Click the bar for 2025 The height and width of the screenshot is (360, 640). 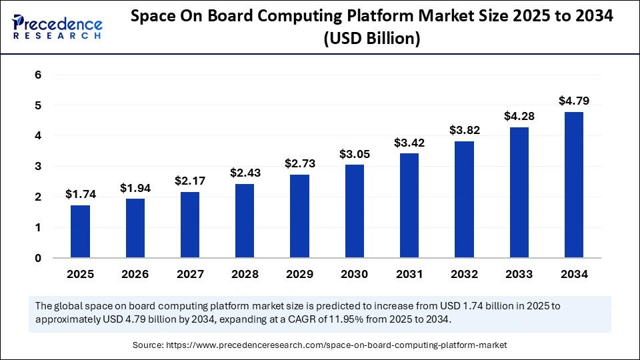(80, 231)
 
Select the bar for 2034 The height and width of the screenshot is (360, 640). (574, 185)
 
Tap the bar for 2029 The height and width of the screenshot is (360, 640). (299, 216)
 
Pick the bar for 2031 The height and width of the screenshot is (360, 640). (409, 205)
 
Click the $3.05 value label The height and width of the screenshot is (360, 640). (355, 154)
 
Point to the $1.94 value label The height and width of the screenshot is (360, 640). (135, 188)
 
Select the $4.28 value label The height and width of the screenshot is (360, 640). (519, 117)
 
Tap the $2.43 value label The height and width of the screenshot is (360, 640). (245, 173)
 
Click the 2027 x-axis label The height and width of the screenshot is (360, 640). (190, 274)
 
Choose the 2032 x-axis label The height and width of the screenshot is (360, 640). (464, 274)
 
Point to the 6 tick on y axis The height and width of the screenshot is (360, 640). (38, 75)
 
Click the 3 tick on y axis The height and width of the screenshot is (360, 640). (38, 166)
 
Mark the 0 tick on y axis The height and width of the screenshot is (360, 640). (38, 258)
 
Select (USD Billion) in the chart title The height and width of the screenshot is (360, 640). (371, 39)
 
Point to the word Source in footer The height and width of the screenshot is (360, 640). (149, 345)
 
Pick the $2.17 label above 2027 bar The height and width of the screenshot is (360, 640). (190, 180)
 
